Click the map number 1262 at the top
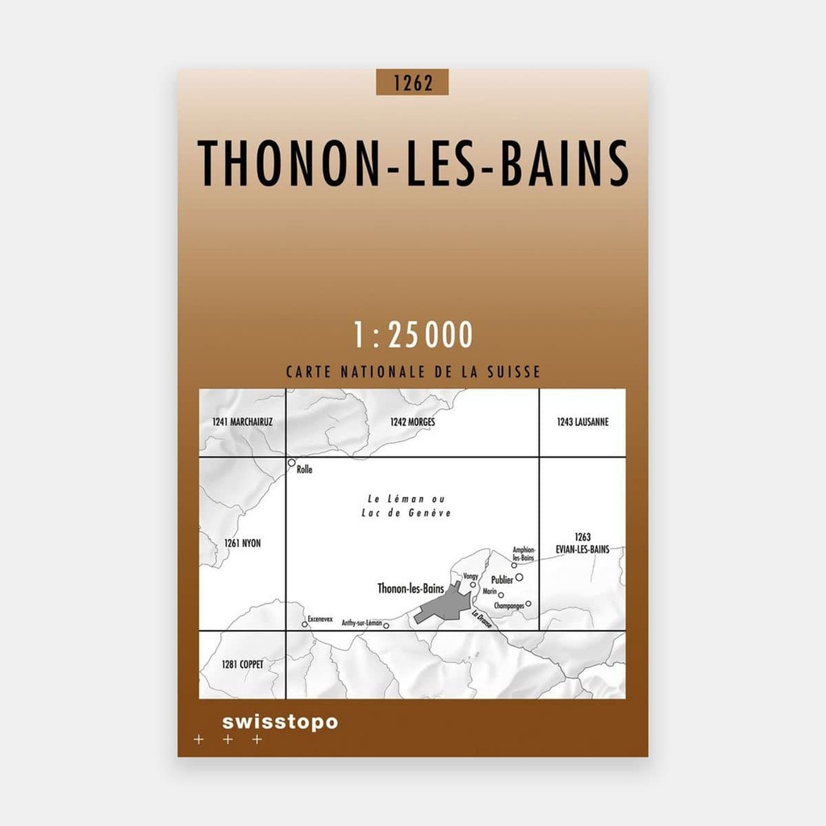(x=411, y=82)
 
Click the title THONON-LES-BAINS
(x=413, y=164)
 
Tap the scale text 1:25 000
(x=413, y=335)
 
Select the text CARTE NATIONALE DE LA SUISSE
(x=413, y=373)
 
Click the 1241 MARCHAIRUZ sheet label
(x=243, y=422)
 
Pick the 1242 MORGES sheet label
(x=412, y=422)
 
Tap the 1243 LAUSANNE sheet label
(x=582, y=422)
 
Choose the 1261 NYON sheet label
(x=243, y=544)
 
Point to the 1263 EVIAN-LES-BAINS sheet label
(x=583, y=543)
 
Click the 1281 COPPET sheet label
(x=242, y=664)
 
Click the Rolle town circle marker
(x=291, y=463)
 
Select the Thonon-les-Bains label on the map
(x=410, y=589)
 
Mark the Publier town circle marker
(x=519, y=578)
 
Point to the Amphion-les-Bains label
(x=524, y=553)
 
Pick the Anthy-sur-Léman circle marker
(x=386, y=624)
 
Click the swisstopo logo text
(x=279, y=722)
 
